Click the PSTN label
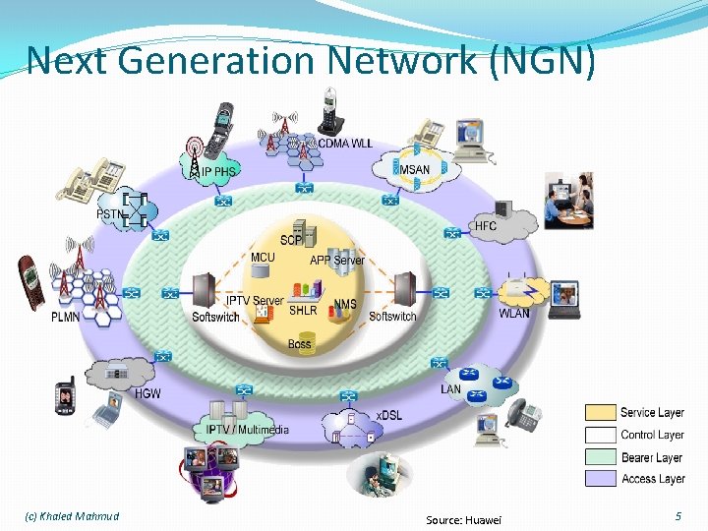(x=110, y=212)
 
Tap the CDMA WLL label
(x=344, y=144)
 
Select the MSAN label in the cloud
(x=414, y=169)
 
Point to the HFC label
(x=486, y=225)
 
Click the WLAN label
(x=513, y=314)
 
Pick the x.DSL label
(x=389, y=415)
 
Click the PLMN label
(x=67, y=317)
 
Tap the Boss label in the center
(x=300, y=344)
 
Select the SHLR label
(x=303, y=311)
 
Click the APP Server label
(x=337, y=261)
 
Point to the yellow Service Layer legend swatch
(x=601, y=413)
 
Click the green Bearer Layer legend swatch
(x=601, y=457)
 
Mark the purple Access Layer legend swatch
(x=601, y=479)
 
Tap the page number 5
(x=677, y=516)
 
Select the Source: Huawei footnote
(x=463, y=518)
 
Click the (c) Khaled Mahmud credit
(x=71, y=516)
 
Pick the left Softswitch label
(x=215, y=317)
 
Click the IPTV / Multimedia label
(x=248, y=430)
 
